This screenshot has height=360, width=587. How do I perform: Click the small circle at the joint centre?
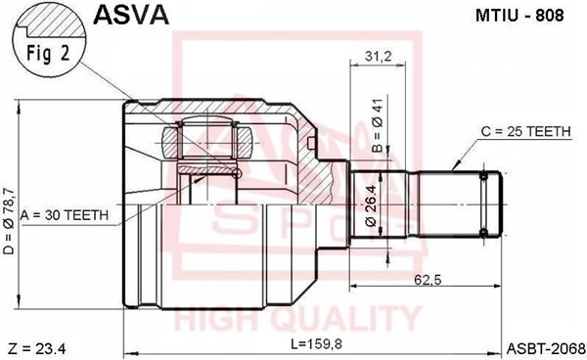[x=235, y=174]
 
